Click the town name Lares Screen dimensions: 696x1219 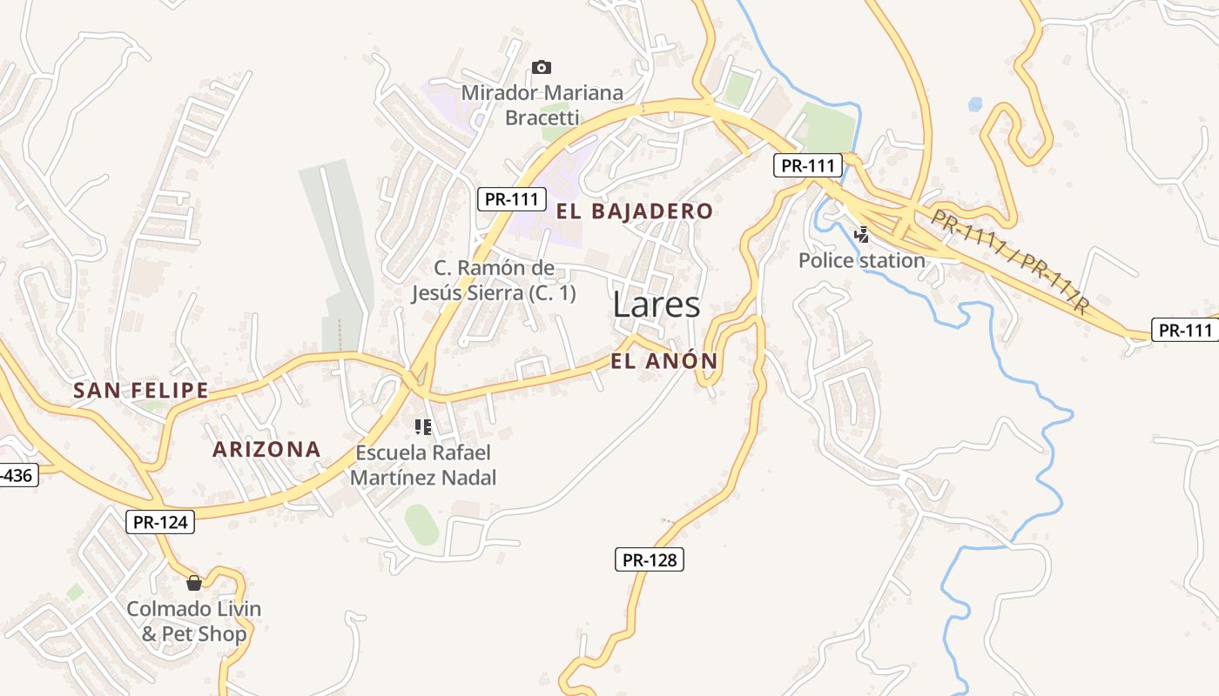[657, 304]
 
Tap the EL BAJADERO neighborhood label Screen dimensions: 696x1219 [634, 211]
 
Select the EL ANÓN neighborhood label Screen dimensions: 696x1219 [663, 361]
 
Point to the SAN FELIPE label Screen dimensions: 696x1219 [140, 391]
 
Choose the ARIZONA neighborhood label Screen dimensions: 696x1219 [266, 450]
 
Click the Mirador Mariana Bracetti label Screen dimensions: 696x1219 [542, 104]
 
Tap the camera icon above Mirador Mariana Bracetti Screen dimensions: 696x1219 [542, 67]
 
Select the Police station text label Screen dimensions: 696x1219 [861, 260]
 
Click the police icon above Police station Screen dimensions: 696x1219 [861, 233]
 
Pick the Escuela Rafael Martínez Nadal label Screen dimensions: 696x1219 [423, 465]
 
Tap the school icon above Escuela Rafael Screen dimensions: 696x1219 [423, 426]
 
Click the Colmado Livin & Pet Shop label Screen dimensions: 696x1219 [194, 621]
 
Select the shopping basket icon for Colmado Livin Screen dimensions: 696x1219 [194, 582]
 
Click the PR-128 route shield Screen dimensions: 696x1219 [650, 559]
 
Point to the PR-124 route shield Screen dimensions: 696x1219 [160, 522]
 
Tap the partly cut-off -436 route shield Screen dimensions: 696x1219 [17, 475]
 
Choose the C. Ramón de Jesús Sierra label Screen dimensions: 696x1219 [494, 280]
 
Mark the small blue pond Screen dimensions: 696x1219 [975, 104]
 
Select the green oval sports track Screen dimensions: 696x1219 [421, 525]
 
